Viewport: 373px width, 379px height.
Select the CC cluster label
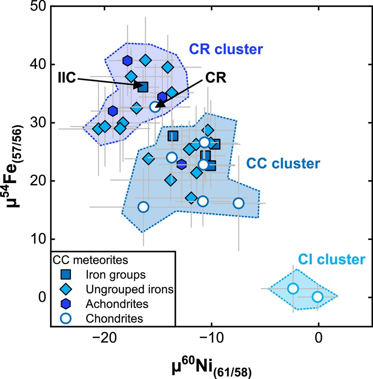tap(283, 163)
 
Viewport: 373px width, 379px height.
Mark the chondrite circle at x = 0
tap(317, 297)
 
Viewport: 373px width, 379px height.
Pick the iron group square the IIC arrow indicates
tap(143, 87)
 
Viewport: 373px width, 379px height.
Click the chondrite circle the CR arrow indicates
tap(155, 107)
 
